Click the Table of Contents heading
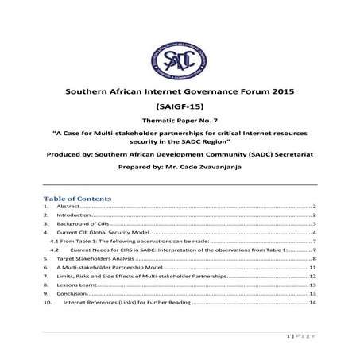coord(78,197)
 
